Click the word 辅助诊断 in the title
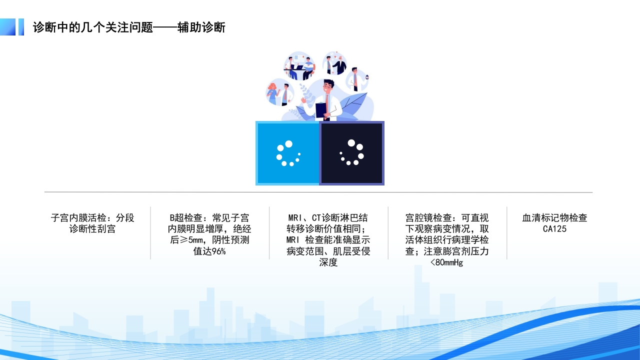pos(201,27)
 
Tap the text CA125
pos(554,229)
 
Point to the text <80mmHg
pos(446,262)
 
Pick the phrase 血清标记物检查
pos(554,218)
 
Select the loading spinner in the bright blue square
pos(287,153)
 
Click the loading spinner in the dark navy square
pos(352,152)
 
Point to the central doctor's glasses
pos(328,86)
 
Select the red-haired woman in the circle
pos(272,92)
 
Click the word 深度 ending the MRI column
pos(328,262)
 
